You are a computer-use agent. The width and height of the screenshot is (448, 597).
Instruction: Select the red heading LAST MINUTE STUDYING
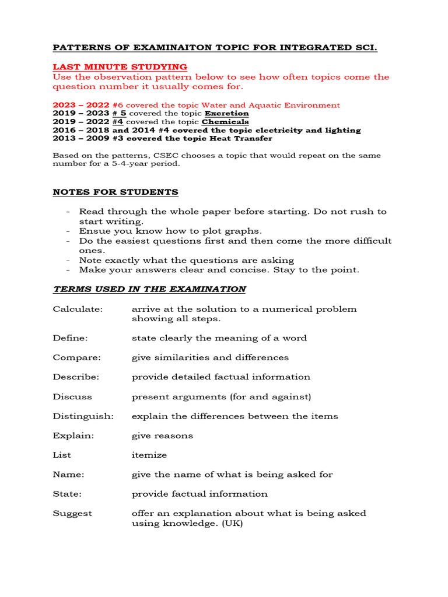[x=120, y=67]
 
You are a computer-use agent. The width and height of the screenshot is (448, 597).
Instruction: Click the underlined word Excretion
[x=226, y=114]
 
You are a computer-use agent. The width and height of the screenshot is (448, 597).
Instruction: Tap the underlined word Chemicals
[x=225, y=122]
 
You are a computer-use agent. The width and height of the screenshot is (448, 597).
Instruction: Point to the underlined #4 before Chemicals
[x=118, y=122]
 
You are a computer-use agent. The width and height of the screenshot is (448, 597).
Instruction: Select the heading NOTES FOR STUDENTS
[x=116, y=192]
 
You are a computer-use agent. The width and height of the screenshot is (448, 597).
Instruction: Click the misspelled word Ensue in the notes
[x=93, y=231]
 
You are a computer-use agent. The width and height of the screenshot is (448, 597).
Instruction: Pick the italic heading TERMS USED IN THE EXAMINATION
[x=149, y=289]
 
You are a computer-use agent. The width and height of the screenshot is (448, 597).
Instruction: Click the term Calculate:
[x=78, y=309]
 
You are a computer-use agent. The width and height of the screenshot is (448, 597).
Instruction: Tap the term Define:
[x=70, y=338]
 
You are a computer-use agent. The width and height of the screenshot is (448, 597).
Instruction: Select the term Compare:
[x=76, y=357]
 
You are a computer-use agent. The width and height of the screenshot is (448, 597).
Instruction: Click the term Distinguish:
[x=83, y=416]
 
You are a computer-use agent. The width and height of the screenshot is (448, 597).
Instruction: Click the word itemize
[x=149, y=455]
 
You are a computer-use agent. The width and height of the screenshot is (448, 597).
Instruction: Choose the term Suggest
[x=72, y=514]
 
